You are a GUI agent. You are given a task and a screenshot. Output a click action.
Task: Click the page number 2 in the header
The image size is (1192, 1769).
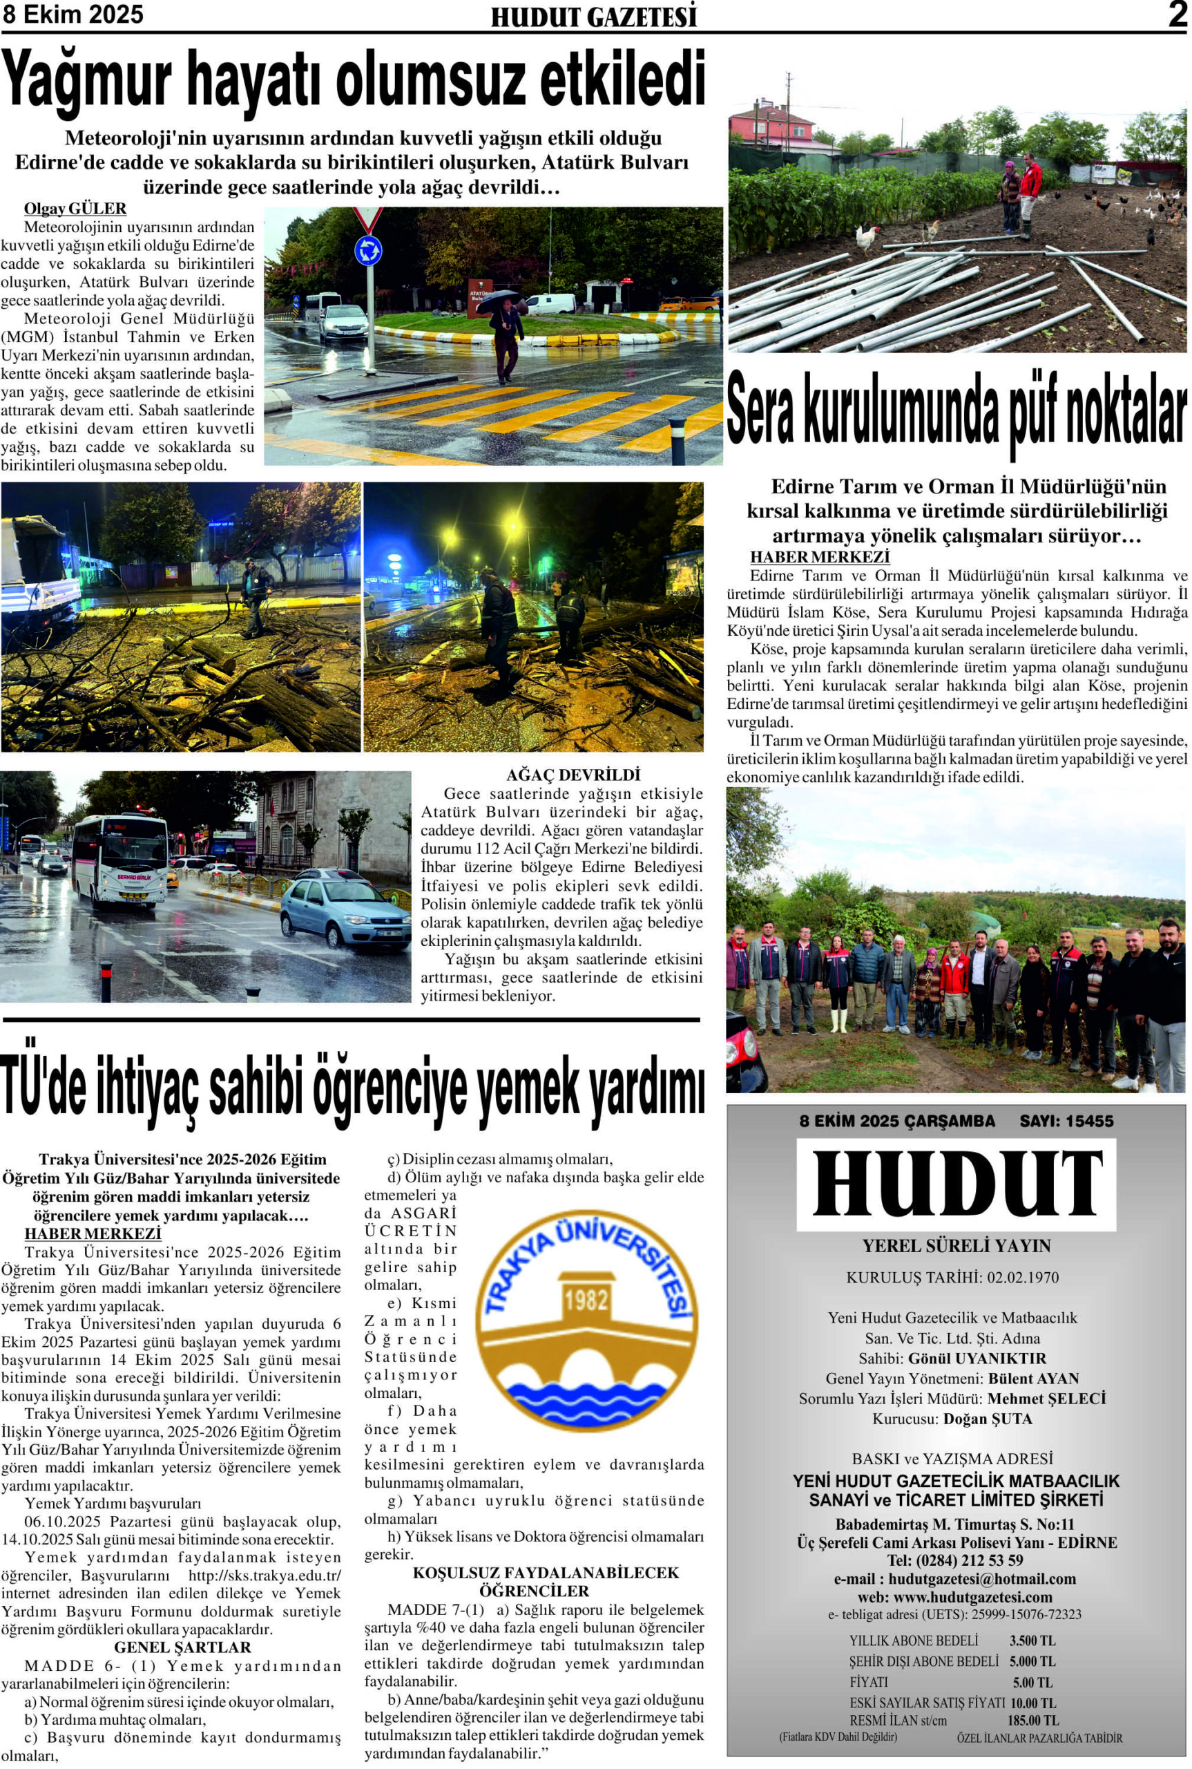1177,15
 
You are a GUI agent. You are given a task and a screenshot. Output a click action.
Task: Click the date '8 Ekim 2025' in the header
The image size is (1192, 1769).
73,15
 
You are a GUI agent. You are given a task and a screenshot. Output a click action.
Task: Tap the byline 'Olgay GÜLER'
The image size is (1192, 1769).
75,209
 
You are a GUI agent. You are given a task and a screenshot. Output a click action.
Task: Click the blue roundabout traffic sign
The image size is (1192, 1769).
368,250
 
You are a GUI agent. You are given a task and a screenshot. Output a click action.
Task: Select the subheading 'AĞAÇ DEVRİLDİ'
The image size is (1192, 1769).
573,775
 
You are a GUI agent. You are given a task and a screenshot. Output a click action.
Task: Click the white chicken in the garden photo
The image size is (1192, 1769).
867,236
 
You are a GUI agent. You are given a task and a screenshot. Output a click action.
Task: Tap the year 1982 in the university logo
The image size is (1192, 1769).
586,1300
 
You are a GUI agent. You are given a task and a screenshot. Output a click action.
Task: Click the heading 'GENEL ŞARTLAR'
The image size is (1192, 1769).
182,1647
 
